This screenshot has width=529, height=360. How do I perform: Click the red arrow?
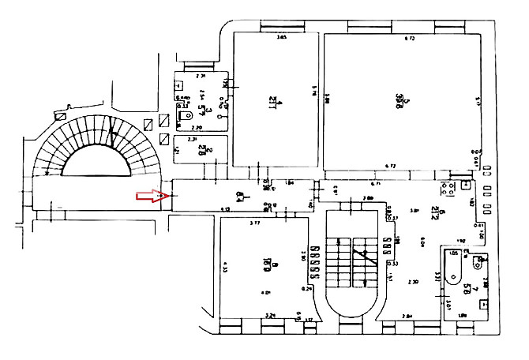pos(148,195)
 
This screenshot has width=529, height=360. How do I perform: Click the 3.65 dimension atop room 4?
pos(282,36)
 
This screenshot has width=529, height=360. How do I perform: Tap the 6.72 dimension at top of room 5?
pos(410,37)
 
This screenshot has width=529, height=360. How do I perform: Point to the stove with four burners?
pos(448,189)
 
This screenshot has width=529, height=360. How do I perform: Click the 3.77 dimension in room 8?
pos(254,223)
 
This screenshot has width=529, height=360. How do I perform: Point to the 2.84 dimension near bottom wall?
pos(407,317)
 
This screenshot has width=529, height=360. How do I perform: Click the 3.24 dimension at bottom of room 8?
pos(270,316)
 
